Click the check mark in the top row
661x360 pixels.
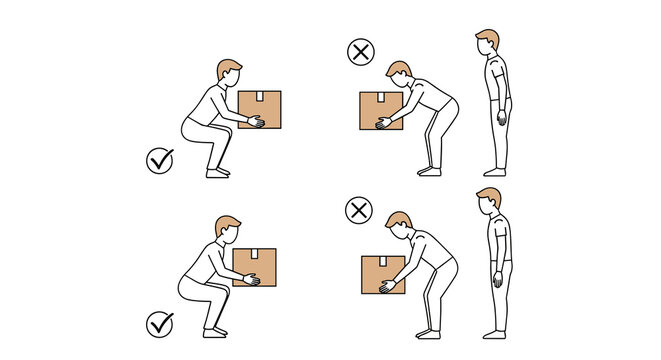tap(160, 160)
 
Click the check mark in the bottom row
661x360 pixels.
tap(159, 324)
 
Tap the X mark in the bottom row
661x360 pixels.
tap(358, 210)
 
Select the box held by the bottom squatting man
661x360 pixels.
tap(255, 267)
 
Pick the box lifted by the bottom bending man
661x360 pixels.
tap(382, 274)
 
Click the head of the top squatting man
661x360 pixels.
tap(229, 74)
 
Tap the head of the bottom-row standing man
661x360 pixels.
tap(488, 200)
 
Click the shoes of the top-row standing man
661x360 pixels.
tap(493, 172)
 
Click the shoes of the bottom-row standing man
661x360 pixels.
tap(493, 333)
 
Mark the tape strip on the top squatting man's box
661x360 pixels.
tap(259, 97)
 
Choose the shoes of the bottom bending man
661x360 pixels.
tap(429, 333)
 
